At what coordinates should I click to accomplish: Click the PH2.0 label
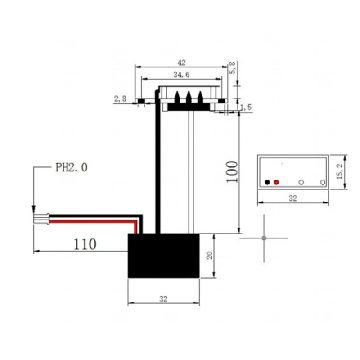coord(72,168)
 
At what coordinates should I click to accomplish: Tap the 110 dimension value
coord(85,244)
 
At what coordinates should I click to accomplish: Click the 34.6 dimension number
coord(181,75)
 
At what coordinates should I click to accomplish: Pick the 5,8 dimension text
coord(232,68)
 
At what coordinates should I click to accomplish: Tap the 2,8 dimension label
coord(120,99)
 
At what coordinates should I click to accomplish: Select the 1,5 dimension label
coord(246,107)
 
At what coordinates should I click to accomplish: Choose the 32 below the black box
coord(163,299)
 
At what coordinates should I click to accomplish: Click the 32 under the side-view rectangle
coord(292,198)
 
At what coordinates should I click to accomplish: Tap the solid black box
coord(163,256)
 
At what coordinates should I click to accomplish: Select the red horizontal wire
coord(90,222)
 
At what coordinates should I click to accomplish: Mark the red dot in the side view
coord(276,182)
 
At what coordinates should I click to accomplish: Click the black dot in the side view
coord(268,182)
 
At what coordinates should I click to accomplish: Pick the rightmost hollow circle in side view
coord(322,182)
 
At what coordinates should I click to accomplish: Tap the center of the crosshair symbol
coord(264,238)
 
